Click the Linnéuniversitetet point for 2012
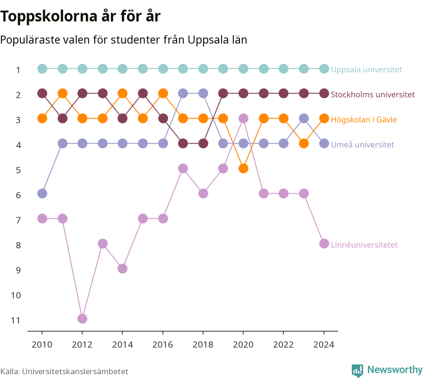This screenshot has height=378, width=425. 82,318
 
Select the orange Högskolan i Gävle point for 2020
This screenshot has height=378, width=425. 243,168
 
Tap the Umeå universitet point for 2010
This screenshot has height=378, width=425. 42,194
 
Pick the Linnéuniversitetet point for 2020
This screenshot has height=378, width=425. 243,119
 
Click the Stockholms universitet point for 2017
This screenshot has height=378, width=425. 183,144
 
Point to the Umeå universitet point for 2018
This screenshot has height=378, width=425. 203,94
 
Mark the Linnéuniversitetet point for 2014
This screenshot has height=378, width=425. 122,269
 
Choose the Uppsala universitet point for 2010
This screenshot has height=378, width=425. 42,69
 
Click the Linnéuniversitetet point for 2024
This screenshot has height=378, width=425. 324,243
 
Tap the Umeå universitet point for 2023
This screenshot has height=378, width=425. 304,119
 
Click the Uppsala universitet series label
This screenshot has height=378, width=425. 366,69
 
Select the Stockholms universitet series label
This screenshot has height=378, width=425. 373,94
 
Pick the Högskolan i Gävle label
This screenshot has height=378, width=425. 364,120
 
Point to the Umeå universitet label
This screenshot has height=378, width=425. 362,145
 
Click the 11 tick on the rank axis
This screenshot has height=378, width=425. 16,320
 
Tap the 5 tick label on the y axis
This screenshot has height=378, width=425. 18,170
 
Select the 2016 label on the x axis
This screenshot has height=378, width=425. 162,344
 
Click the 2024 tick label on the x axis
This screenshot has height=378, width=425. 324,344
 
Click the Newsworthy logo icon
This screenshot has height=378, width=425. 357,370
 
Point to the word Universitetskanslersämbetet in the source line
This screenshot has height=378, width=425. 75,371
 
